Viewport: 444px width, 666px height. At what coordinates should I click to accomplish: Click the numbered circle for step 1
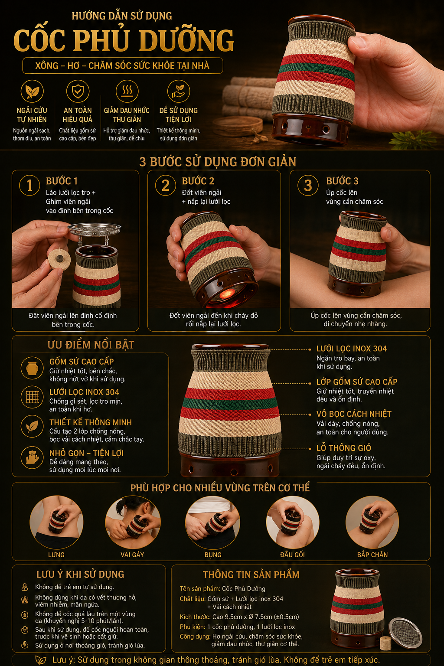click(29, 185)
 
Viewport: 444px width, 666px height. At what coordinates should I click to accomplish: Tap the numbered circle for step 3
click(308, 185)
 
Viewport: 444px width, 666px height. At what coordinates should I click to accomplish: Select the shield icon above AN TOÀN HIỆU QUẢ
click(78, 91)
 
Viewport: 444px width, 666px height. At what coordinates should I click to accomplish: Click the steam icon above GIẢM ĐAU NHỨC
click(127, 91)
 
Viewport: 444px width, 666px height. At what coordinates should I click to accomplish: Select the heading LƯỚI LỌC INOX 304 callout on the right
click(352, 349)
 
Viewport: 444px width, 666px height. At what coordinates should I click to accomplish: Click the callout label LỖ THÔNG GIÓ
click(344, 448)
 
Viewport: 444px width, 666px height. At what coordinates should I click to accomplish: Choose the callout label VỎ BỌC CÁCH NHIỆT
click(354, 414)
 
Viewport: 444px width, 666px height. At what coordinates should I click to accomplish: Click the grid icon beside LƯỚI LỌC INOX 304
click(32, 397)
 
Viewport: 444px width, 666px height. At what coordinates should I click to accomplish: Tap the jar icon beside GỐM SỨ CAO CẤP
click(32, 368)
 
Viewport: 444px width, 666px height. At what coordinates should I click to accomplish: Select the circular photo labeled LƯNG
click(56, 522)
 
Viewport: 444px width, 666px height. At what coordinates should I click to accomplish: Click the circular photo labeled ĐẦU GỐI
click(293, 522)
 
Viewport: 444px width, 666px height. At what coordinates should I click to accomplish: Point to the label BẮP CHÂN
click(372, 555)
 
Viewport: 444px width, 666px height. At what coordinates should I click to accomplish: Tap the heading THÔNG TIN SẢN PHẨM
click(251, 575)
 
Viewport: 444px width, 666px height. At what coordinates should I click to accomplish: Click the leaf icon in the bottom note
click(41, 660)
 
